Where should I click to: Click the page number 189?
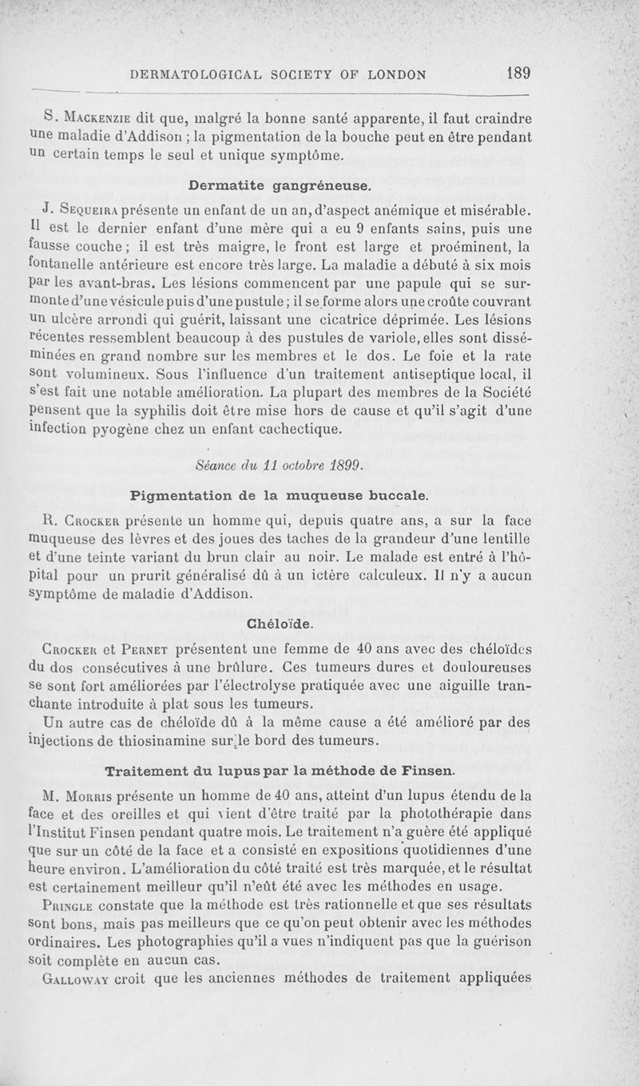518,73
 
